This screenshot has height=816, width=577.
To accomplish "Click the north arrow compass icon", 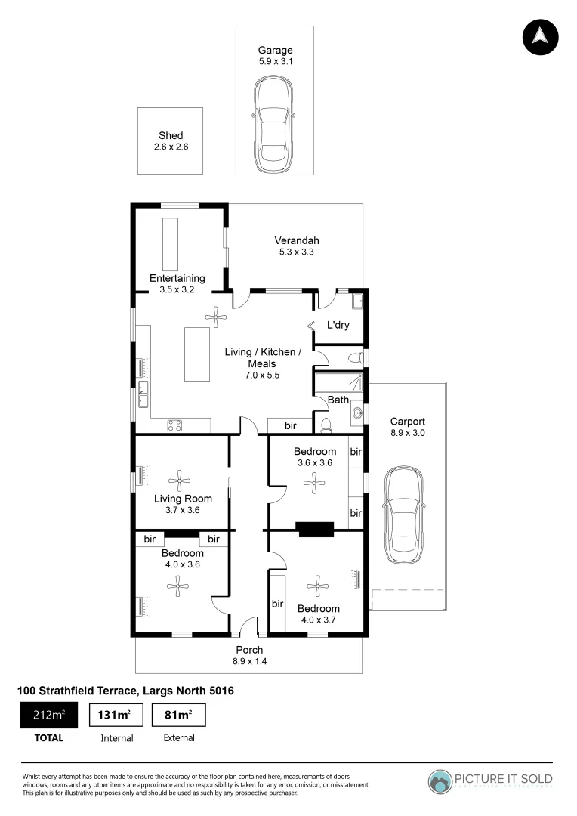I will pos(540,36).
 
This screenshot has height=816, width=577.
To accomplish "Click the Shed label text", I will pos(171,135).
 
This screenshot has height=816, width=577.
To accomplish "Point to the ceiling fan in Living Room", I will pos(180,478).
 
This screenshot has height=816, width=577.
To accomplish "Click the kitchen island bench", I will pos(197,354).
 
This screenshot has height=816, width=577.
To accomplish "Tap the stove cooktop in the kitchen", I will pos(174,425).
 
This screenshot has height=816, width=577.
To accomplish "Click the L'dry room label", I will pos(339,326).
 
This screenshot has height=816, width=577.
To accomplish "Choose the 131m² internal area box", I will pos(116,716).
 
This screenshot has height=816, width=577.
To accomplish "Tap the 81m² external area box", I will pos(179,716).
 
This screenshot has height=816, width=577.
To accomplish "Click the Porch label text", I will pos(250,650).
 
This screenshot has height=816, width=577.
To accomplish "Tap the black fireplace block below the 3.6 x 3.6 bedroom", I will pos(316,530).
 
